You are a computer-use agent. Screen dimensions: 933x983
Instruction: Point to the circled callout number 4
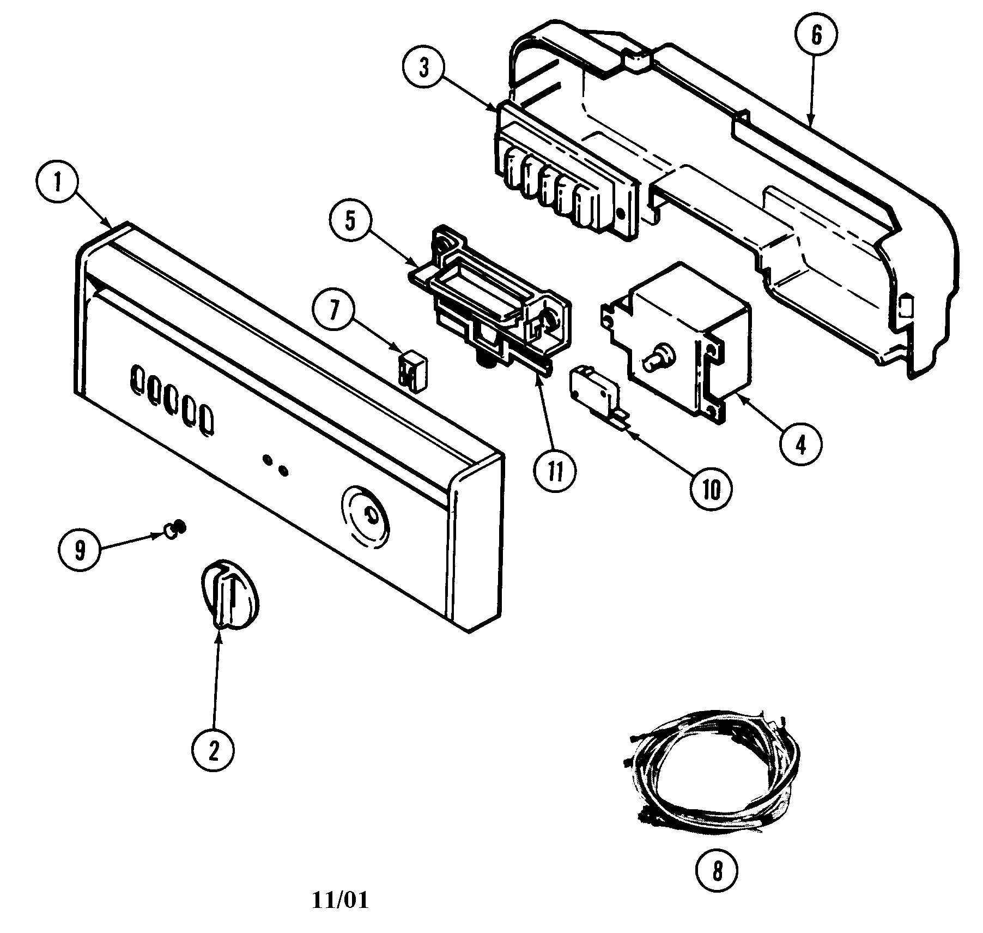pyautogui.click(x=800, y=445)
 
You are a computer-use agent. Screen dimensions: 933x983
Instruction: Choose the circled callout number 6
pyautogui.click(x=816, y=34)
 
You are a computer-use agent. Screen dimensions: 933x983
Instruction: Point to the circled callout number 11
pyautogui.click(x=555, y=472)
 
